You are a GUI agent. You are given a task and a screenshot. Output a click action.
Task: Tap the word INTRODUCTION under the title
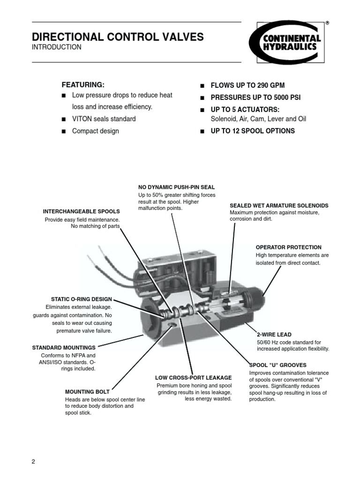click(x=56, y=47)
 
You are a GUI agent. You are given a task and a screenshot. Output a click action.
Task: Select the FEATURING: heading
click(x=83, y=85)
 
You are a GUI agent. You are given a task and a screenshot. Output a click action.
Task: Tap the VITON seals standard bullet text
click(x=104, y=119)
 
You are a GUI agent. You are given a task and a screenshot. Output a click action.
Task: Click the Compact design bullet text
click(x=95, y=131)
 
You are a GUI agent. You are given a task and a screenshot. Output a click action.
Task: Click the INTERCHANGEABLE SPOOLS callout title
click(x=82, y=211)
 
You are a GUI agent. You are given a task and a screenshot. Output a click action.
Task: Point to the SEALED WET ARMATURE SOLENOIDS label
click(x=279, y=206)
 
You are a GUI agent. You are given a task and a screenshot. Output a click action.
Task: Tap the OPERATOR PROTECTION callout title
click(x=288, y=247)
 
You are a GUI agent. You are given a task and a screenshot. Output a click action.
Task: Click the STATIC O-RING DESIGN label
click(x=82, y=299)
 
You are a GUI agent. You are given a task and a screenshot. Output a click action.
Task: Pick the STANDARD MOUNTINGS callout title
click(x=64, y=348)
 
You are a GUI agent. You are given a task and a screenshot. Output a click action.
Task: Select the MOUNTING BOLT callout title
click(x=87, y=391)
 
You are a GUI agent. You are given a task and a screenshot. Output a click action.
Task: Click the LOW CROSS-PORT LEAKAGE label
click(x=193, y=377)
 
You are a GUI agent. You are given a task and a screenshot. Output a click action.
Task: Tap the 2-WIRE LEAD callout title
click(x=274, y=335)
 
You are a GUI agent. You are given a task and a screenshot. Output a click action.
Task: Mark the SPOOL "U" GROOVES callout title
click(x=277, y=365)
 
